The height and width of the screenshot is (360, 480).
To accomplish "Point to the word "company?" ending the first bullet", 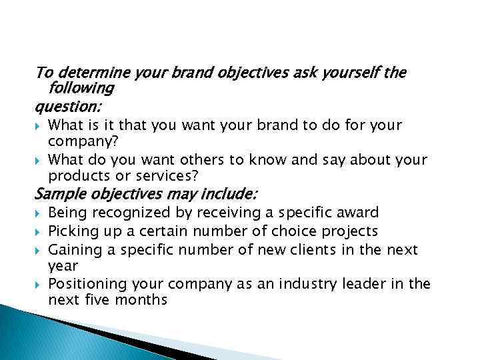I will tap(80, 141).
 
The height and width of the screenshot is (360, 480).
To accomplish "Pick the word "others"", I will tap(201, 160).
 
